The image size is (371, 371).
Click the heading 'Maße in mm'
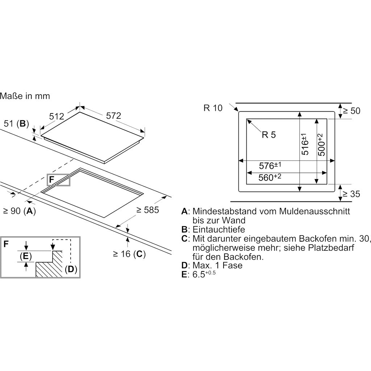(25, 96)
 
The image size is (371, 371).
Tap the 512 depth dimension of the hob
(57, 116)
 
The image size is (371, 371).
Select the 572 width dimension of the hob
(113, 116)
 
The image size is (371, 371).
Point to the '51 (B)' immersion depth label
(16, 124)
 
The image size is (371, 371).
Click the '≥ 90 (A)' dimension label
(19, 211)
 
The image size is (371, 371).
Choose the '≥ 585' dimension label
(147, 210)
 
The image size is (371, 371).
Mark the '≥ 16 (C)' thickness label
(129, 254)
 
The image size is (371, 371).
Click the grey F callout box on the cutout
(58, 180)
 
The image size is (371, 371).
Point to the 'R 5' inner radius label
(268, 135)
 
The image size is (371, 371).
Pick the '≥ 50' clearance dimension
(352, 111)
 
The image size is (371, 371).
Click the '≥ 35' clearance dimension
(352, 194)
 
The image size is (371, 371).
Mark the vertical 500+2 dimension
(321, 145)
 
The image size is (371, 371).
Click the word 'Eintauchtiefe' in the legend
(218, 229)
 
